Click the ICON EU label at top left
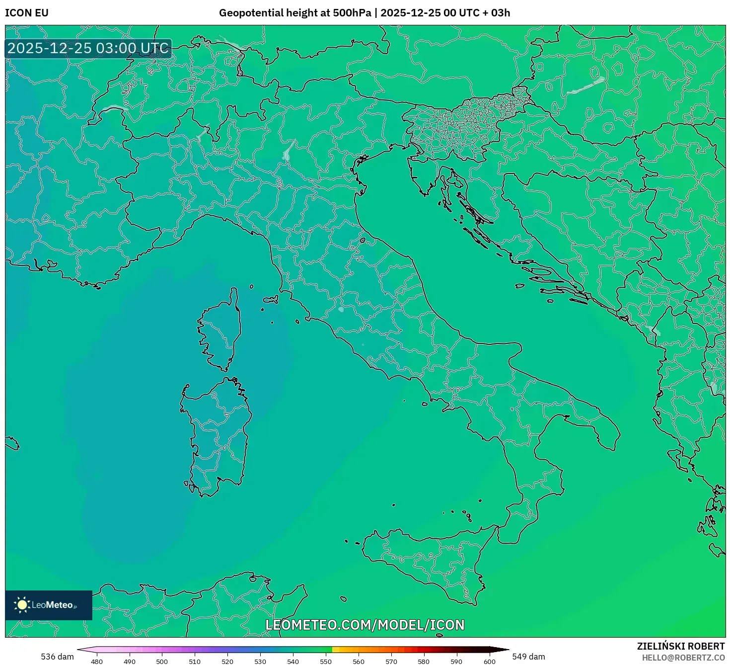pyautogui.click(x=27, y=13)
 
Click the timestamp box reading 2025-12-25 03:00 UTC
pyautogui.click(x=88, y=49)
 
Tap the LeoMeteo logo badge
pyautogui.click(x=48, y=605)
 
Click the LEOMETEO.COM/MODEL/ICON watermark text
pyautogui.click(x=365, y=625)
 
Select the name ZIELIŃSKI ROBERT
pyautogui.click(x=681, y=646)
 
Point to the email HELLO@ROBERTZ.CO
pyautogui.click(x=683, y=658)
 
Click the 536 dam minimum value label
pyautogui.click(x=57, y=657)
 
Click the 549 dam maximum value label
pyautogui.click(x=528, y=657)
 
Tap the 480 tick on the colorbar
pyautogui.click(x=97, y=662)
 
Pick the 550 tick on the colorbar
pyautogui.click(x=326, y=662)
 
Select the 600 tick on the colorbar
pyautogui.click(x=490, y=662)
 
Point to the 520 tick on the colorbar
pyautogui.click(x=227, y=662)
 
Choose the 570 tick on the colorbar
pyautogui.click(x=391, y=662)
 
